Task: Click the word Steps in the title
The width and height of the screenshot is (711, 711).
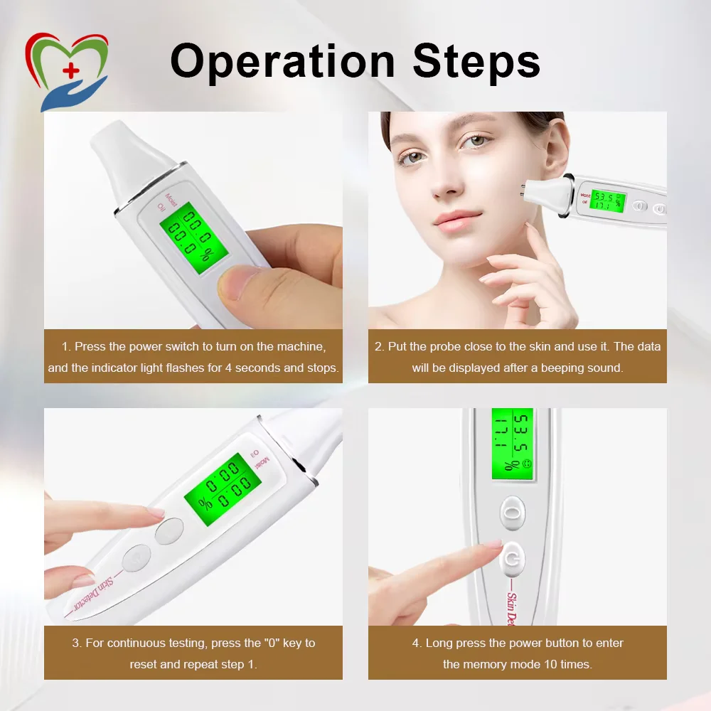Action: pos(476,60)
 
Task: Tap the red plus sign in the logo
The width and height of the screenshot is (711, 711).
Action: pos(70,70)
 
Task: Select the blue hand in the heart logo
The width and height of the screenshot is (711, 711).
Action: pos(73,94)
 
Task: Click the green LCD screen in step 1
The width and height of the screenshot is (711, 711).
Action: pos(193,237)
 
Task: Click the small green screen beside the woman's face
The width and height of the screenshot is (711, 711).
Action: pos(608,201)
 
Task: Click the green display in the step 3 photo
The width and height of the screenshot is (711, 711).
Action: pos(223,489)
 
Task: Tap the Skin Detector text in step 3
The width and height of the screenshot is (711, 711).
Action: pos(93,594)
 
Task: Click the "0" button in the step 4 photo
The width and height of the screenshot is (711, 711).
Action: pos(513,513)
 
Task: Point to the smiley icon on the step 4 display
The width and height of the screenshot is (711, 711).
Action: pos(526,464)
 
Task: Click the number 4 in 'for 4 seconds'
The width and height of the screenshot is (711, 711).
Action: pos(228,368)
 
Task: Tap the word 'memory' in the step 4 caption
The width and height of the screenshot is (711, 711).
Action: pos(520,664)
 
